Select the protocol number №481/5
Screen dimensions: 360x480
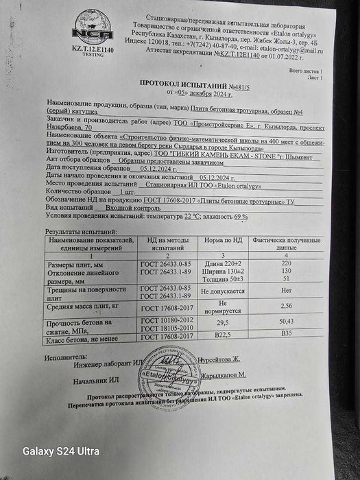[x=239, y=82]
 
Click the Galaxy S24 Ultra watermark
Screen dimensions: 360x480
[x=61, y=451]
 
